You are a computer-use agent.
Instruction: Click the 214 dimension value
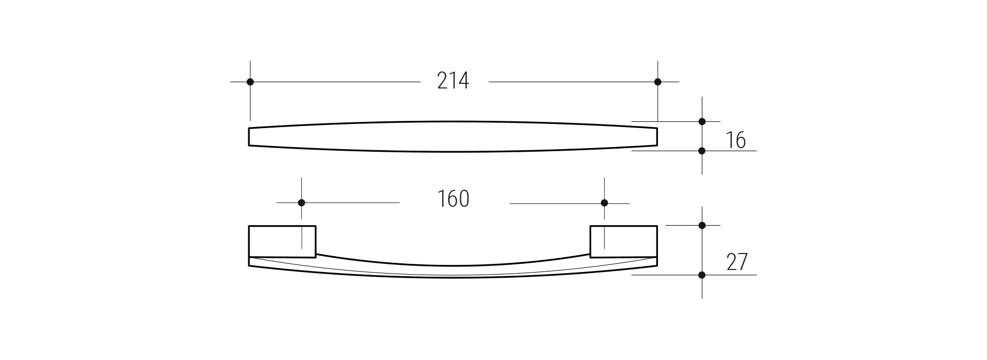pos(453,81)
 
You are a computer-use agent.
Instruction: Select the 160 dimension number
pos(453,199)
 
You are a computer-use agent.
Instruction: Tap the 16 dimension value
pos(736,140)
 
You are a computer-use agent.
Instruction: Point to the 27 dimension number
pos(737,262)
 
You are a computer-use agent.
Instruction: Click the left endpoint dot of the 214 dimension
pos(250,82)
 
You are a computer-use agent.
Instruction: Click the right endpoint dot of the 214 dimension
pos(657,82)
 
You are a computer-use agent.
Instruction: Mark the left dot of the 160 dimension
pos(301,203)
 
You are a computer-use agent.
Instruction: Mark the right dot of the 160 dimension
pos(604,203)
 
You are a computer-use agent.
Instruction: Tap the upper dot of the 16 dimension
pos(702,121)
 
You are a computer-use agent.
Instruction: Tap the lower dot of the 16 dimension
pos(702,151)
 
